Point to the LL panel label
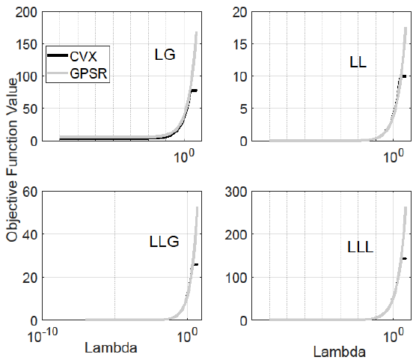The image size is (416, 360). pos(358,62)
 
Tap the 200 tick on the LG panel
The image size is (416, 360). pos(28,11)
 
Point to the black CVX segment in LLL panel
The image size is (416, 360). pos(404,258)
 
